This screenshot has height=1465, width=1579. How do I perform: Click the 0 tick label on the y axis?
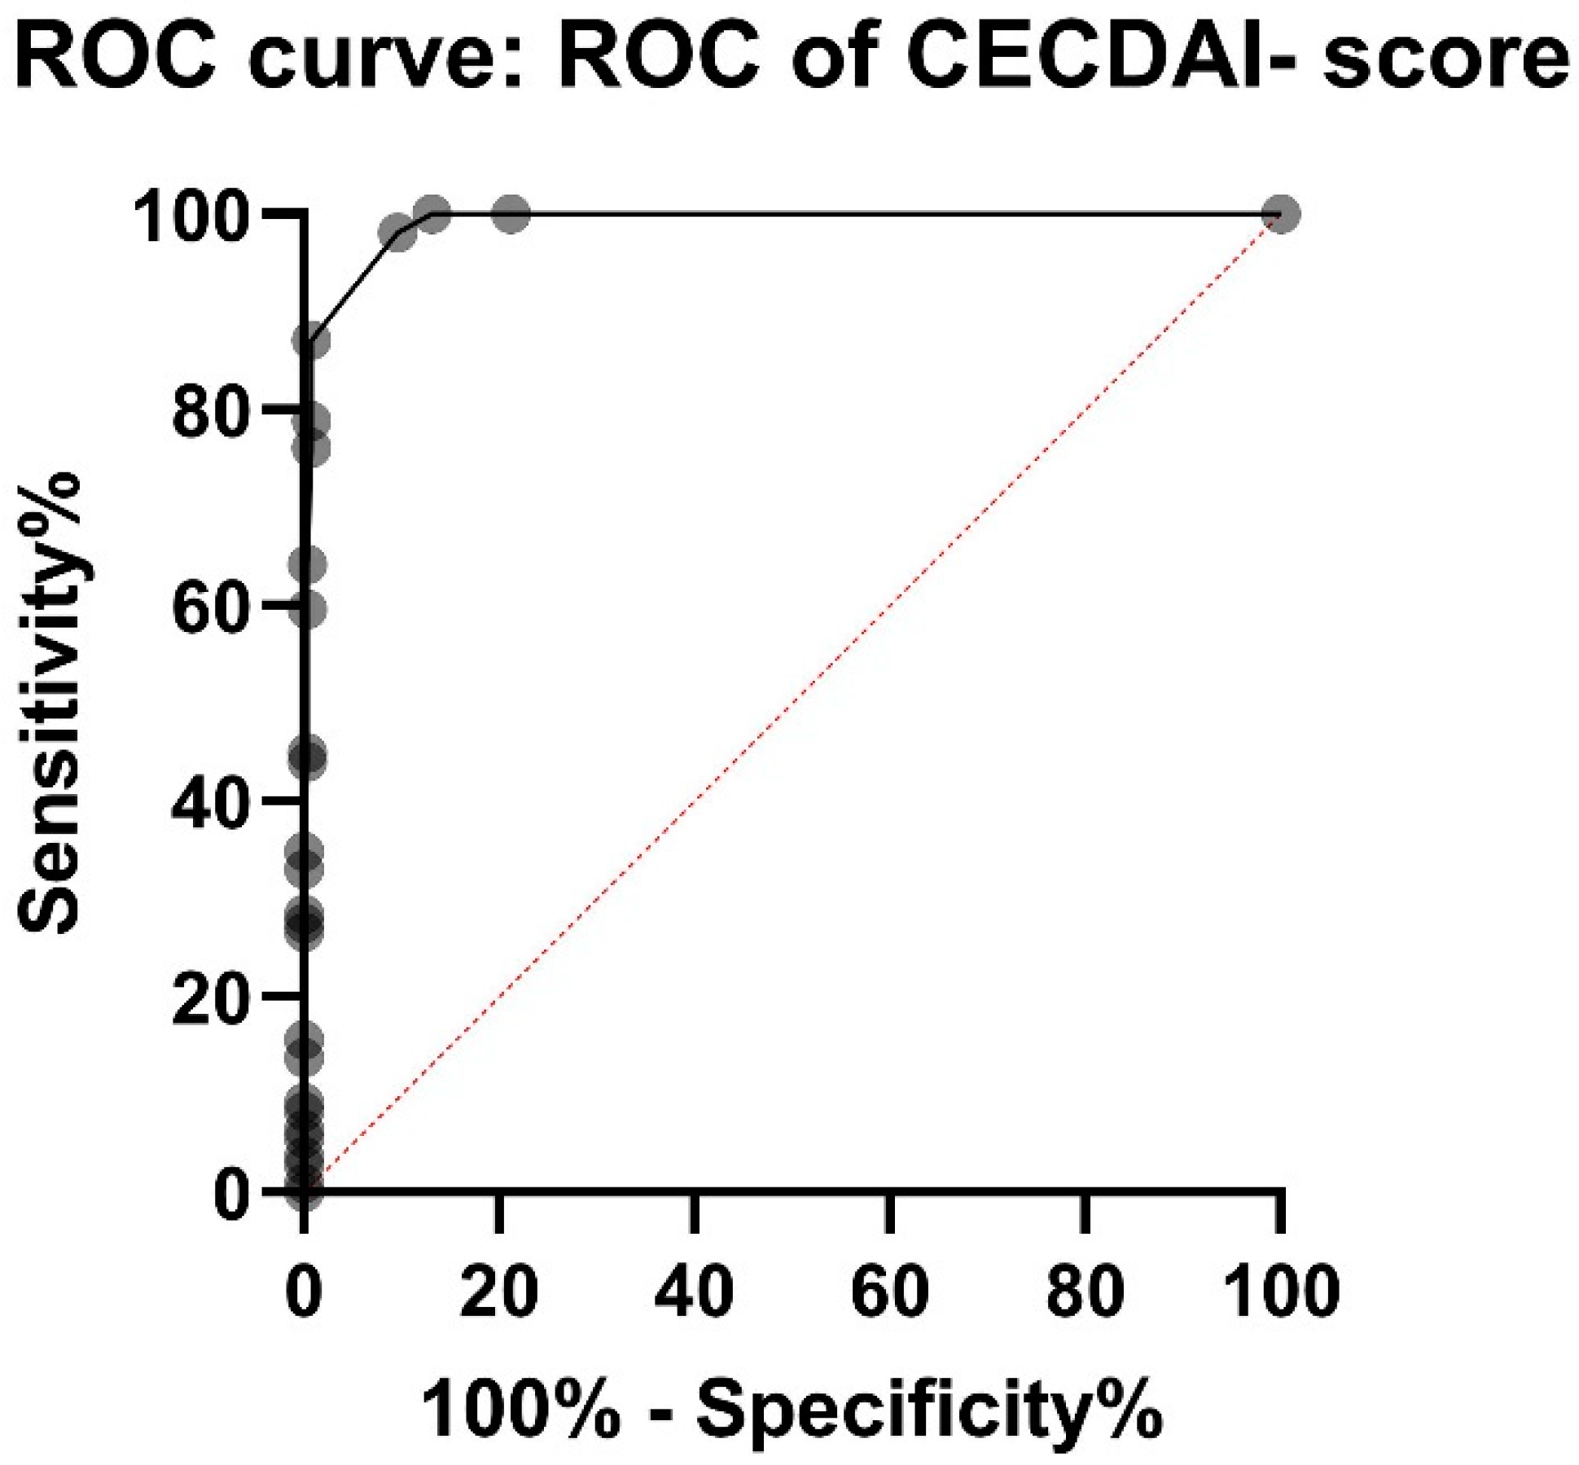[231, 1195]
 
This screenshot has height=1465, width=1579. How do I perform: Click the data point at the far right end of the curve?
[1280, 214]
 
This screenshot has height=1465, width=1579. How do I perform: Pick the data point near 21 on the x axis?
[511, 214]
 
